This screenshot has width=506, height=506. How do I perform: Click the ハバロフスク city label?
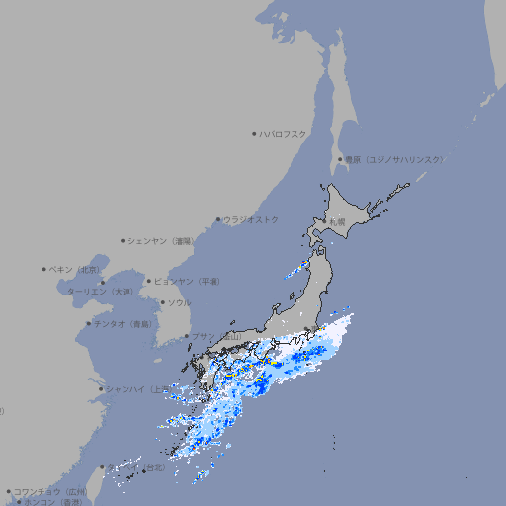pos(284,134)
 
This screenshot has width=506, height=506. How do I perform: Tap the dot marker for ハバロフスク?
pos(254,134)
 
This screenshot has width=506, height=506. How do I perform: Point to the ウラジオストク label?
pos(251,219)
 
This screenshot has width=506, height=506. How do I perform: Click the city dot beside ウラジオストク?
pos(218,219)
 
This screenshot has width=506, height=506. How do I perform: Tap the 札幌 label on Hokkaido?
pos(337,222)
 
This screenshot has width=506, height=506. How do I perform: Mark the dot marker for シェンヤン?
pos(123,240)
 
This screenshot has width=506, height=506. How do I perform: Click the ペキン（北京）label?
pos(75,269)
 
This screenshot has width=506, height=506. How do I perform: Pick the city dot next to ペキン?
pos(44,269)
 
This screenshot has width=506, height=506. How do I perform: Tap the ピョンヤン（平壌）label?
pos(188,281)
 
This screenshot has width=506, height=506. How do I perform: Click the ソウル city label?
pos(179,302)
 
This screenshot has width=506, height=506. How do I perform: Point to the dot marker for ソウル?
pos(162,302)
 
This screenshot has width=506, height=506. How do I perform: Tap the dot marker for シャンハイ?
pos(101,389)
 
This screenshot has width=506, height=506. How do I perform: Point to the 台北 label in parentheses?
pos(157,466)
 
